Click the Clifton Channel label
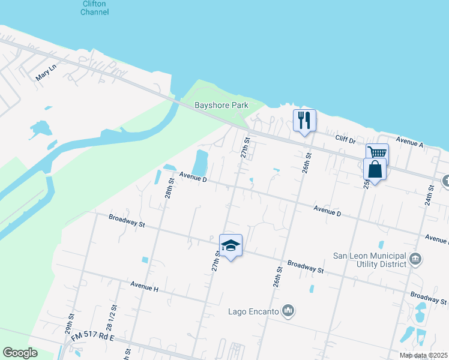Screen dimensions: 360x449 (95, 8)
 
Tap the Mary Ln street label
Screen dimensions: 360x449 (46, 73)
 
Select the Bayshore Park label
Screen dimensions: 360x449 (221, 106)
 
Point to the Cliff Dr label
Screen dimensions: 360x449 (345, 139)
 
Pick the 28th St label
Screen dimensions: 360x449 (170, 188)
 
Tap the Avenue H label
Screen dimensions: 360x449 (143, 289)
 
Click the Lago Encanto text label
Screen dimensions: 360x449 (253, 311)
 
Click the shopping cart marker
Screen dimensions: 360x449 (378, 154)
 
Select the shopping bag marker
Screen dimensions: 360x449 (375, 170)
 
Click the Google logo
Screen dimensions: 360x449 (20, 353)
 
